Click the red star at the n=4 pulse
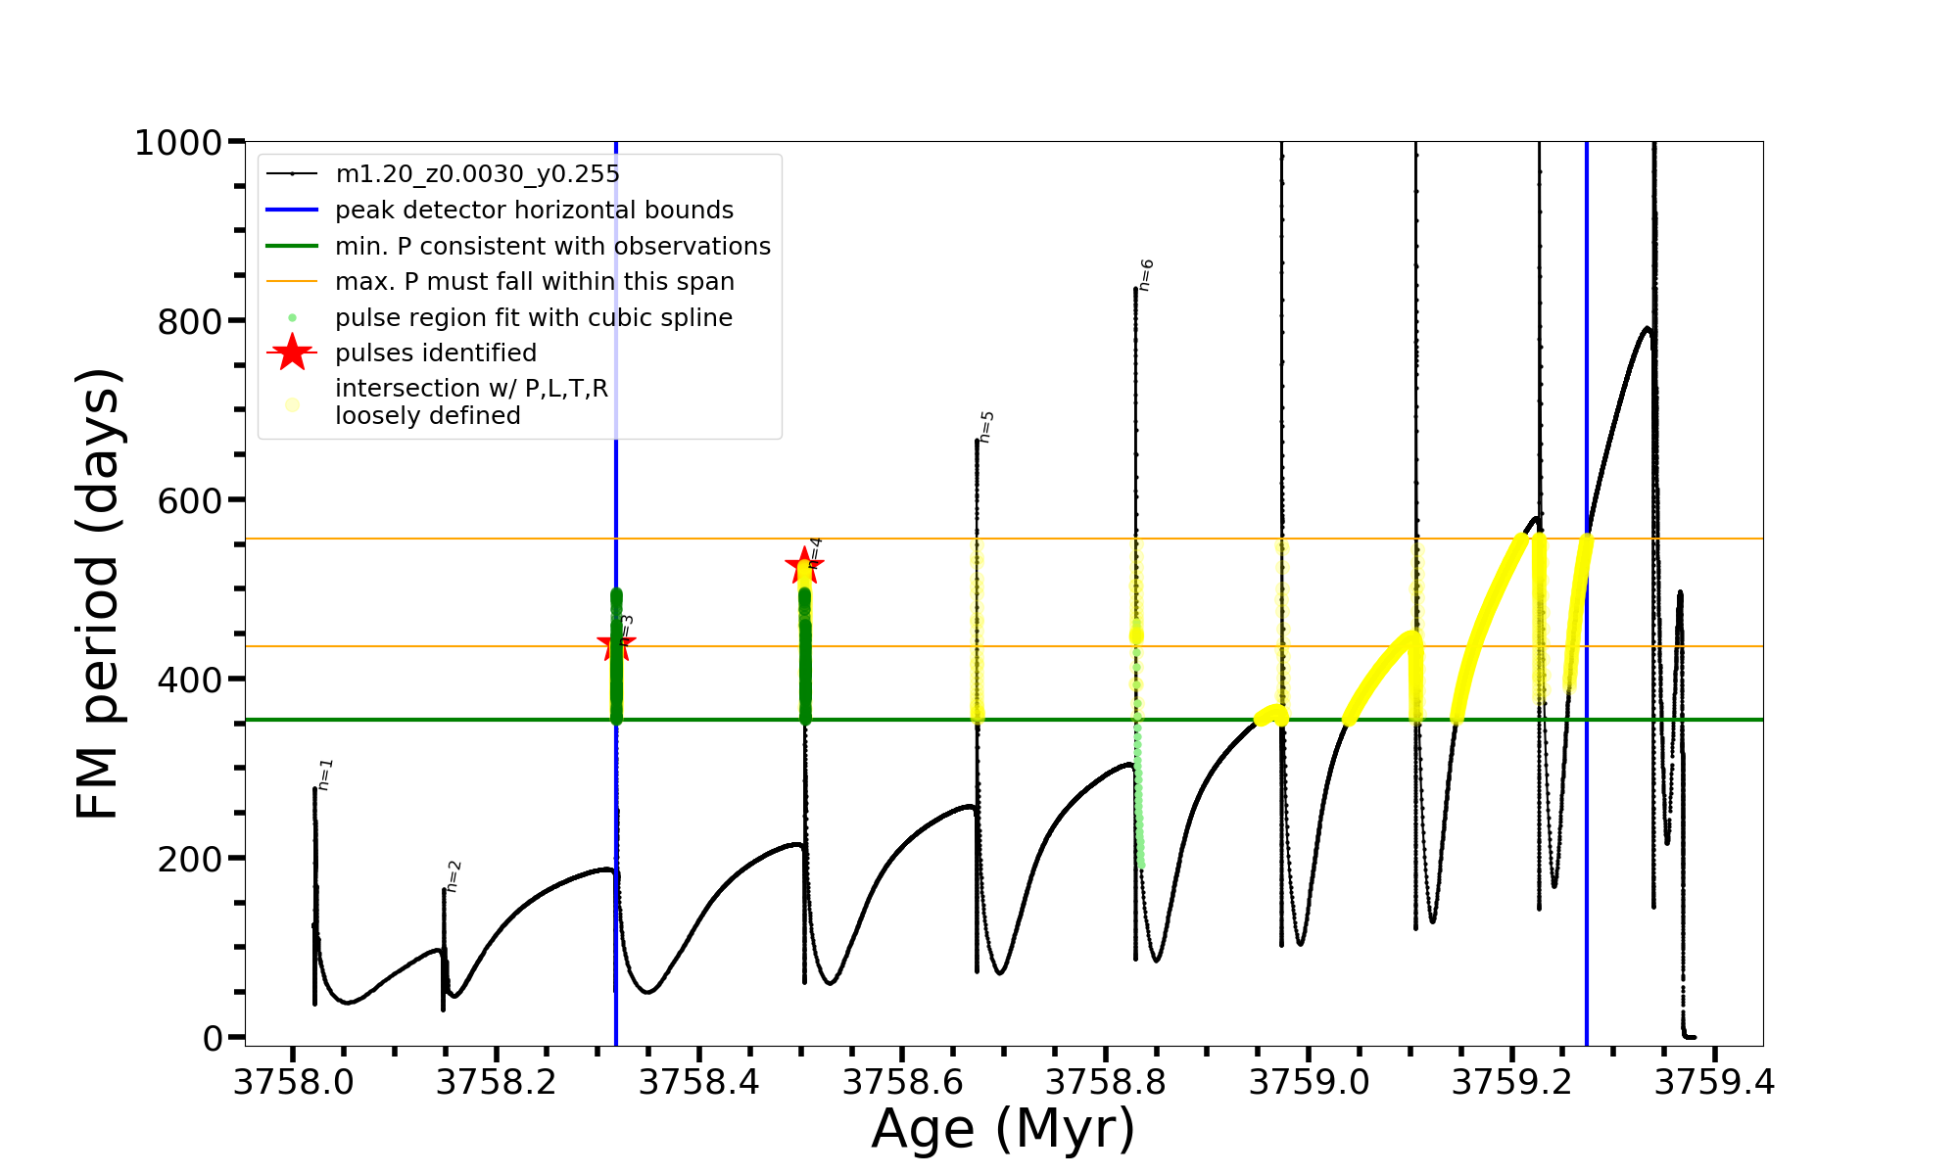click(804, 565)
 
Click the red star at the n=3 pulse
click(616, 644)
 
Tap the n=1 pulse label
click(326, 774)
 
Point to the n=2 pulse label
click(453, 876)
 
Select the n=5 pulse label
click(986, 427)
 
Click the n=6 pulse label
click(1146, 275)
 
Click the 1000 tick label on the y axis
click(178, 143)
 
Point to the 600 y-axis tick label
click(190, 500)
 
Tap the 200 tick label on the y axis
click(190, 859)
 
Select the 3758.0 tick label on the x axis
click(293, 1082)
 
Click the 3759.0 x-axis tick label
click(1310, 1082)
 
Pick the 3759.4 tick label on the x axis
click(1715, 1082)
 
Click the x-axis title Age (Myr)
click(1003, 1129)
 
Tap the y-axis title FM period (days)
click(99, 593)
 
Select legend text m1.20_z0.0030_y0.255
click(477, 174)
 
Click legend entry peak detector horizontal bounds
click(534, 211)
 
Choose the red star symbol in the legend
click(292, 352)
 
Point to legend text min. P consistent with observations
click(552, 246)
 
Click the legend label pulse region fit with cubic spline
click(534, 318)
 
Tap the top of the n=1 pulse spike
click(314, 788)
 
